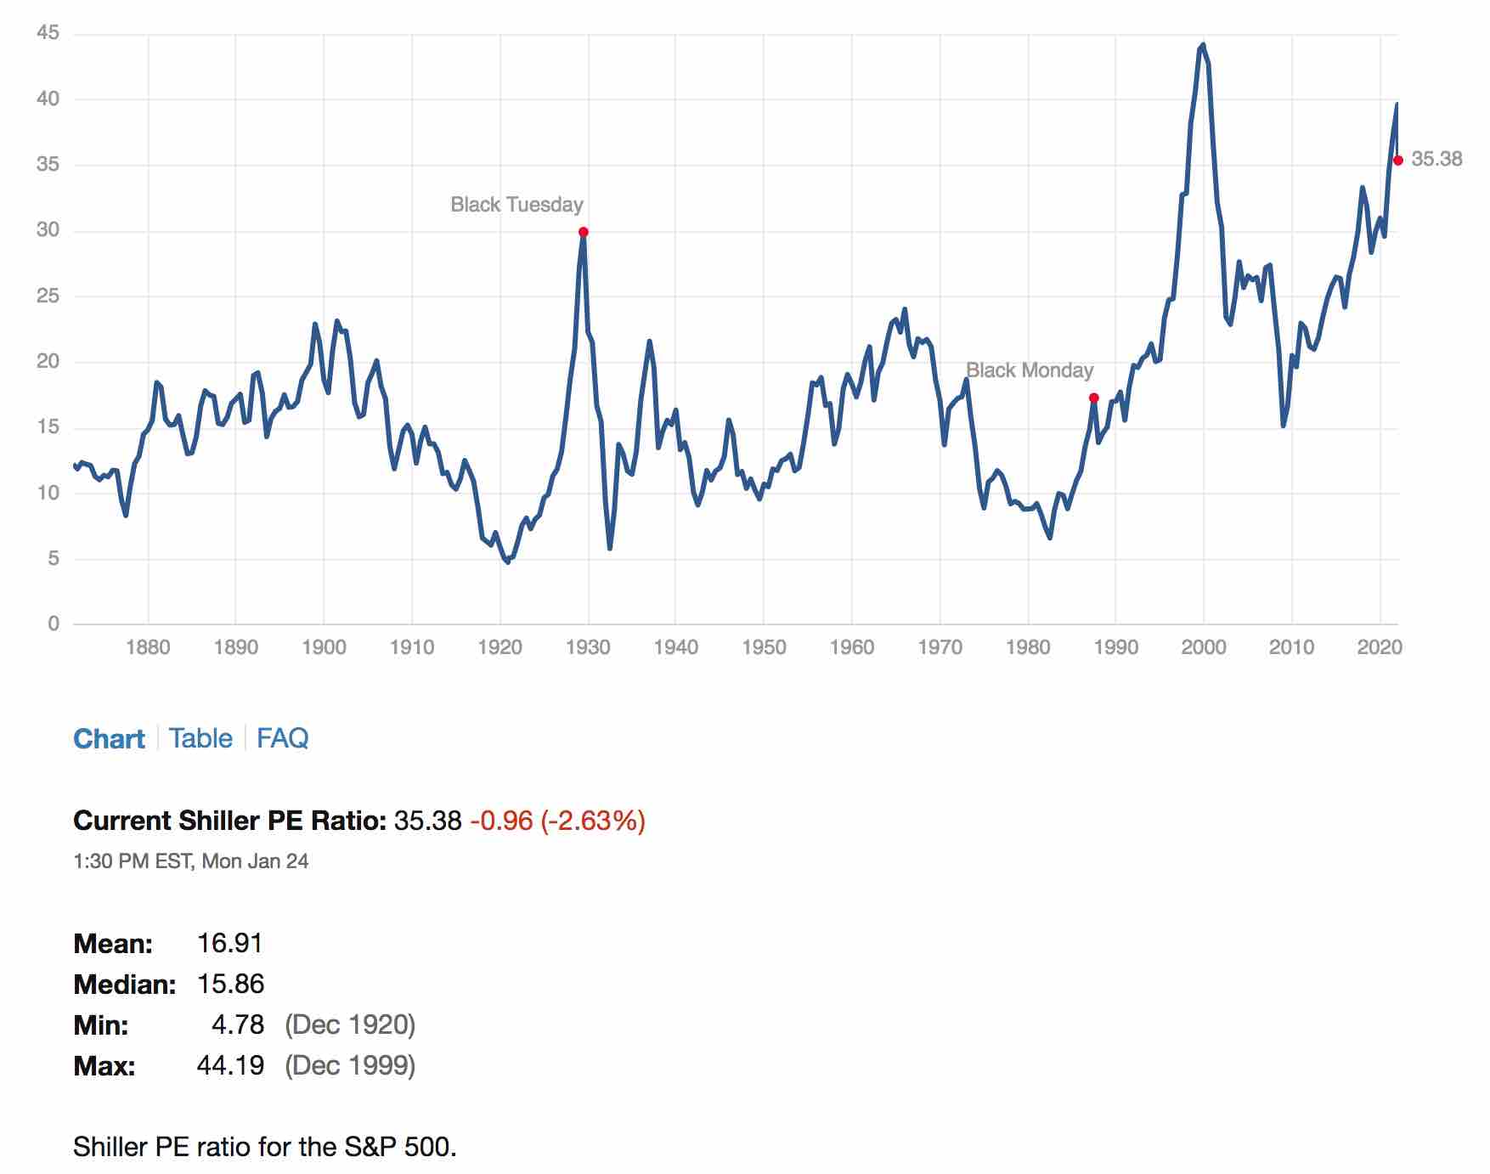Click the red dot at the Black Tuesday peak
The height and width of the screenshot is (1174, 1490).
coord(583,232)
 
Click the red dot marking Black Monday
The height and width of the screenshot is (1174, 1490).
coord(1093,398)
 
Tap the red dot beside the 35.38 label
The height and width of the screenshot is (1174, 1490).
coord(1398,160)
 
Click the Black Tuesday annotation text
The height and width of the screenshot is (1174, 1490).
coord(516,205)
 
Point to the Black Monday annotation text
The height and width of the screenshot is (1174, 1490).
coord(1030,370)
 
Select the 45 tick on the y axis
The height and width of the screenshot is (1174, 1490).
coord(48,33)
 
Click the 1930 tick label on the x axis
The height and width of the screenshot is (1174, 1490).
coord(588,647)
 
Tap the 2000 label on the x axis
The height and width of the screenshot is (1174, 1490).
coord(1204,647)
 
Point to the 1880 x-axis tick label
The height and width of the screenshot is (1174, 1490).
coord(148,647)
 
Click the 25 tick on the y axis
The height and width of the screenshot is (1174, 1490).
coord(48,296)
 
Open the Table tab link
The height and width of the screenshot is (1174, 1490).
coord(200,738)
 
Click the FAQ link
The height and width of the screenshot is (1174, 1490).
coord(282,738)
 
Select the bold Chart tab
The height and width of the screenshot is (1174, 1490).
coord(109,739)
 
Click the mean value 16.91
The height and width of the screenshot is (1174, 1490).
coord(229,943)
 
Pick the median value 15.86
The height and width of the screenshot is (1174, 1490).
coord(230,984)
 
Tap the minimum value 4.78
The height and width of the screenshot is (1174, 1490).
coord(238,1024)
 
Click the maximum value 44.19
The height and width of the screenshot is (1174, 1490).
coord(230,1065)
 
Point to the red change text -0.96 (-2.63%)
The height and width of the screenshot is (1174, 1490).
coord(557,821)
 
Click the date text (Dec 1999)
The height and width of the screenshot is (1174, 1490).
coord(350,1065)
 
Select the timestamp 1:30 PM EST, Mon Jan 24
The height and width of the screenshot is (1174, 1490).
coord(191,861)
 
